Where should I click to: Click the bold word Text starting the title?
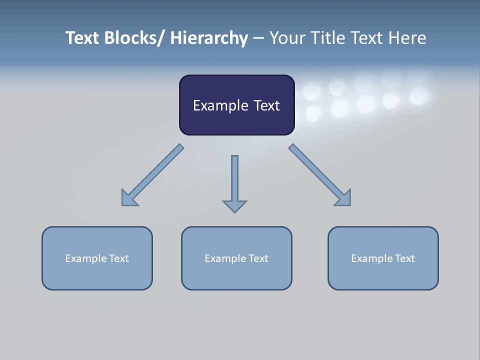click(83, 38)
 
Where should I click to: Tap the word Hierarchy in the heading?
click(209, 38)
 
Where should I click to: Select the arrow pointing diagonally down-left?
click(150, 177)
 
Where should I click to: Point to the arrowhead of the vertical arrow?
click(234, 206)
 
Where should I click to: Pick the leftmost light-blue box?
click(97, 275)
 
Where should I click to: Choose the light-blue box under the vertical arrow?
click(236, 275)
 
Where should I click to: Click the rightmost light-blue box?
click(383, 275)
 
